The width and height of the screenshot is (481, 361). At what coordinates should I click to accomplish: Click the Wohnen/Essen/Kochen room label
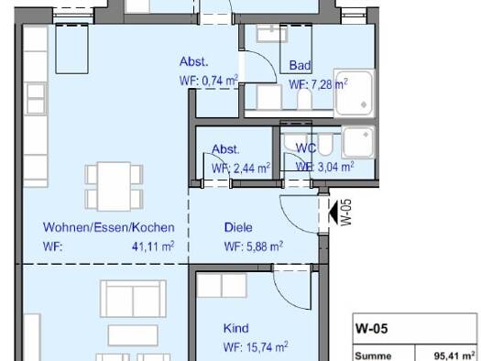(x=109, y=227)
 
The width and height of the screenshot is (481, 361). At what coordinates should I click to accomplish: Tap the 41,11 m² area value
(x=153, y=246)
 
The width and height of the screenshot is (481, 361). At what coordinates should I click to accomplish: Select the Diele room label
(x=238, y=227)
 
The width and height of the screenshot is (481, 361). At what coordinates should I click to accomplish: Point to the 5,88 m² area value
(x=265, y=246)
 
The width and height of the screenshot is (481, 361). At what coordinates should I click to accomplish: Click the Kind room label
(x=235, y=328)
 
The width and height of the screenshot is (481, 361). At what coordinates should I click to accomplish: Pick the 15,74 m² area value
(x=268, y=347)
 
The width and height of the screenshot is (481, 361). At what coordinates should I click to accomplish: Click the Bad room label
(x=300, y=65)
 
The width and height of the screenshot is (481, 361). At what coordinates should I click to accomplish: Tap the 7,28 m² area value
(x=329, y=84)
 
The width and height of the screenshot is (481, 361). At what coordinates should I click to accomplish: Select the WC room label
(x=306, y=148)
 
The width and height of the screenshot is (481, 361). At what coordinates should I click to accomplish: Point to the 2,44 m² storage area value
(x=252, y=168)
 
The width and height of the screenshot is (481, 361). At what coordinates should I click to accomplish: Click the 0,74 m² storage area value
(x=220, y=81)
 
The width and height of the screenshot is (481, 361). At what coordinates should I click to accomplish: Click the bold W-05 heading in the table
(x=371, y=329)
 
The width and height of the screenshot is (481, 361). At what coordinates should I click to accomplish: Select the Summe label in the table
(x=373, y=356)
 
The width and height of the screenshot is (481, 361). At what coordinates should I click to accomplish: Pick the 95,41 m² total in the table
(x=454, y=356)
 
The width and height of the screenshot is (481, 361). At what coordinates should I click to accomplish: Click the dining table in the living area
(x=114, y=187)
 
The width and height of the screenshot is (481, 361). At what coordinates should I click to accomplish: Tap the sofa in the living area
(x=133, y=298)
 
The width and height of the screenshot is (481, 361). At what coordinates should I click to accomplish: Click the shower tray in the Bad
(x=354, y=93)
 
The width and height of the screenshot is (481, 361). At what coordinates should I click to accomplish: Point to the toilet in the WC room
(x=324, y=144)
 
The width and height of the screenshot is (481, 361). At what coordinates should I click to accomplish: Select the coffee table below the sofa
(x=133, y=335)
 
